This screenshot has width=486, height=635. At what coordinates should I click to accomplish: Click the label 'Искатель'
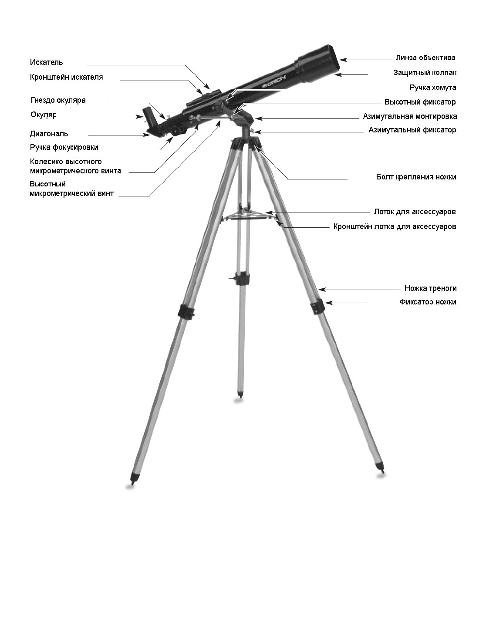click(46, 62)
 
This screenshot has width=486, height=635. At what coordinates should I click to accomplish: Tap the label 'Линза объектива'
click(425, 58)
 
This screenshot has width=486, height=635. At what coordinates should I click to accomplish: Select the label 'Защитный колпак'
click(425, 72)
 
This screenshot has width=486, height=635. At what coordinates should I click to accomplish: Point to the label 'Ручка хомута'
click(432, 88)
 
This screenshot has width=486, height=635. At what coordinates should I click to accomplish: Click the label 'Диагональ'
click(49, 134)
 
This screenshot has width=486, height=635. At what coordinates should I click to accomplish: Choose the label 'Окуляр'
click(44, 115)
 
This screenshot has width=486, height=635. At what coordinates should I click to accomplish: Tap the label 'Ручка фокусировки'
click(64, 147)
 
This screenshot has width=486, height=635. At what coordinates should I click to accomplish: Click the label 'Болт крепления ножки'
click(416, 177)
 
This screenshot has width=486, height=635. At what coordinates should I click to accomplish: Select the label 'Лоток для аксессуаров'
click(415, 212)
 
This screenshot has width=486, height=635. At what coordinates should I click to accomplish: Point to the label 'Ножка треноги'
click(430, 288)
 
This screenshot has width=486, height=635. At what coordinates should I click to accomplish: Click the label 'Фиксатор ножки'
click(428, 302)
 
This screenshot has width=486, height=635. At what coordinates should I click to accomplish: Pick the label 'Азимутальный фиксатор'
click(412, 130)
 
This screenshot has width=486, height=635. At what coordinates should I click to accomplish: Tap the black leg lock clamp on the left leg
click(186, 311)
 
